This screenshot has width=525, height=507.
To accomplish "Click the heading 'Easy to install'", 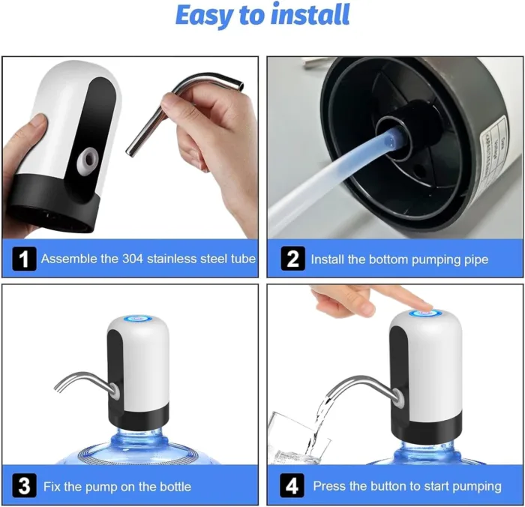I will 262,15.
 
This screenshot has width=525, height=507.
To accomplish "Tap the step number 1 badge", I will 25,259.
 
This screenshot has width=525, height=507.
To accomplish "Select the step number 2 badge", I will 292,259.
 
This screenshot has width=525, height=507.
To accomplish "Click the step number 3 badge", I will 25,486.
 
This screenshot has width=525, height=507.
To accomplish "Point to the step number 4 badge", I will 292,486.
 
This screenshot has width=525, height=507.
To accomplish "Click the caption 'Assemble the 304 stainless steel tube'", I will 148,259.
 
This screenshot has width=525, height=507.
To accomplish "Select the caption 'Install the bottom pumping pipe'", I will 399,260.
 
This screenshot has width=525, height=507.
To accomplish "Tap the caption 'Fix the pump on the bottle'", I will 116,487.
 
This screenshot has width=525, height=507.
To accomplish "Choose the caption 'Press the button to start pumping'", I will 407,487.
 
